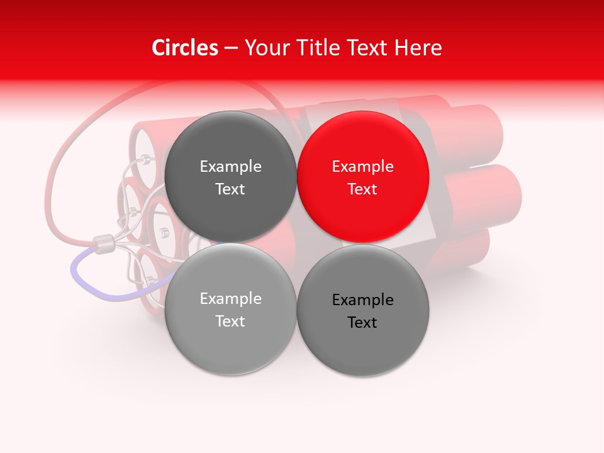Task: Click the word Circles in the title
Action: [184, 48]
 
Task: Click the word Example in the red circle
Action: [362, 167]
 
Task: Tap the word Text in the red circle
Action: [362, 189]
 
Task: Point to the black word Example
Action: [362, 300]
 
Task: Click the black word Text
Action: [362, 323]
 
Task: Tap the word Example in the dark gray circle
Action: [230, 167]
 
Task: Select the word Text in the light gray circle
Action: [230, 322]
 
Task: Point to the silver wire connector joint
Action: [104, 242]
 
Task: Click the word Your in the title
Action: [264, 48]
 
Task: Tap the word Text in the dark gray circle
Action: [230, 189]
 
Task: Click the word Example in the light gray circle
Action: [230, 299]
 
